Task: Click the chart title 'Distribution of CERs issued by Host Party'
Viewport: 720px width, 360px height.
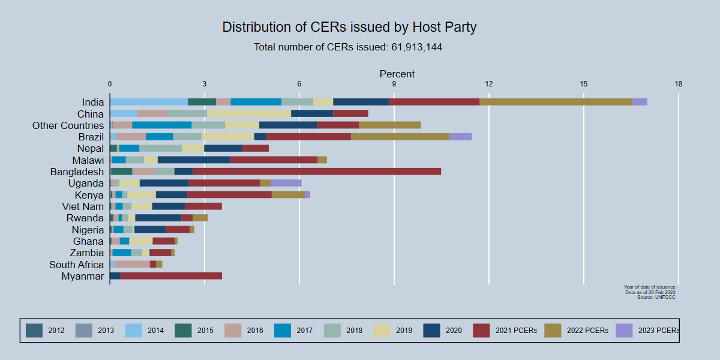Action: tap(349, 27)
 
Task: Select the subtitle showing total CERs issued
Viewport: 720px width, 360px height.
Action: tap(348, 47)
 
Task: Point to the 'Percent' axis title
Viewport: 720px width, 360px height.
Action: tap(397, 74)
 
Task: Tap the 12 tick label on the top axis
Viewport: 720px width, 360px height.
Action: tap(489, 84)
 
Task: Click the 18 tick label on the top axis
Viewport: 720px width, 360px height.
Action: tap(678, 84)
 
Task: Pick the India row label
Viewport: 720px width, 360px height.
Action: tap(92, 102)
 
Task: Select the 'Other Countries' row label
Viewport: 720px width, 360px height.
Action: tap(68, 125)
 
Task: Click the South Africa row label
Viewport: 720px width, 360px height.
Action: tap(76, 265)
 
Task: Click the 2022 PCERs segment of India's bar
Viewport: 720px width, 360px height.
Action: tap(555, 102)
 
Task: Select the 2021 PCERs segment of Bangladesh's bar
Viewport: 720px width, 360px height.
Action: tap(316, 172)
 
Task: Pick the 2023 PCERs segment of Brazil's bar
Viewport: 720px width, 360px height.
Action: tap(460, 137)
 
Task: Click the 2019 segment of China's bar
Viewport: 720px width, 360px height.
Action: tap(248, 113)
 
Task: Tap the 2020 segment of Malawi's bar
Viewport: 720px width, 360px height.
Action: tap(194, 160)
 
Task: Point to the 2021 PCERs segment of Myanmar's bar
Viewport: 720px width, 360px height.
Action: tap(171, 276)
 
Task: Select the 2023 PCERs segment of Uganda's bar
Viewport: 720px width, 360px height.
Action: tap(286, 183)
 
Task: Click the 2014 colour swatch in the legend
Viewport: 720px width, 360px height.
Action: tap(133, 330)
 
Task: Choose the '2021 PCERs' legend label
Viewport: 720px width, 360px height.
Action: tap(512, 330)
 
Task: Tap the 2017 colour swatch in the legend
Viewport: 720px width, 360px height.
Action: tap(283, 330)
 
